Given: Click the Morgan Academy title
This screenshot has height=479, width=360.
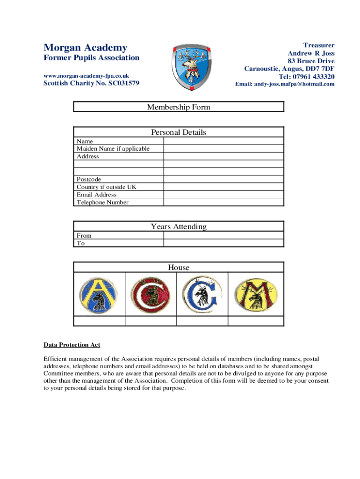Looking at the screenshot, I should click(x=85, y=48).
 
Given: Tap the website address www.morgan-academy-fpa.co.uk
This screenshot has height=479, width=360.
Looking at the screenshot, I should click(x=86, y=75).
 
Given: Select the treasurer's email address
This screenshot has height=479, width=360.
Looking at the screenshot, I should click(x=284, y=84).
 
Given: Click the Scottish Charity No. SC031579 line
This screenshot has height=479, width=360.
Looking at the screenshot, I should click(x=91, y=83).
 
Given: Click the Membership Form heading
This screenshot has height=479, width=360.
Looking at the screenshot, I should click(x=179, y=107).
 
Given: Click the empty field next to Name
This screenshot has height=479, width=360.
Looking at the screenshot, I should click(x=223, y=141).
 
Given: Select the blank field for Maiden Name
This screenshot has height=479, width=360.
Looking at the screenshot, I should click(x=223, y=149).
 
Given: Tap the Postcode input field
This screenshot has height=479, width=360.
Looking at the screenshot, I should click(x=223, y=179).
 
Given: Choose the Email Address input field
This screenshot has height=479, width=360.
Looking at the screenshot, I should click(x=223, y=195).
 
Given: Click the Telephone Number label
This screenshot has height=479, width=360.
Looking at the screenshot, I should click(x=102, y=203).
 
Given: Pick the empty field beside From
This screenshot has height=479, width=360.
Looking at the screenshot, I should click(x=223, y=236).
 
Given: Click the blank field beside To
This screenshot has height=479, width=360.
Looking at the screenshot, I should click(x=223, y=243).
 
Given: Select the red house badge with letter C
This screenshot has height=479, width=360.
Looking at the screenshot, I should click(x=150, y=295).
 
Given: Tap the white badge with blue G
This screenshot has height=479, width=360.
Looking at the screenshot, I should click(x=202, y=295).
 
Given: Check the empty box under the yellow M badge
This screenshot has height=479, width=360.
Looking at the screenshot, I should click(x=256, y=321).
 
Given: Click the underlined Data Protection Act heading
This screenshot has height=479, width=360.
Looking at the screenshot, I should click(x=72, y=345).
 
